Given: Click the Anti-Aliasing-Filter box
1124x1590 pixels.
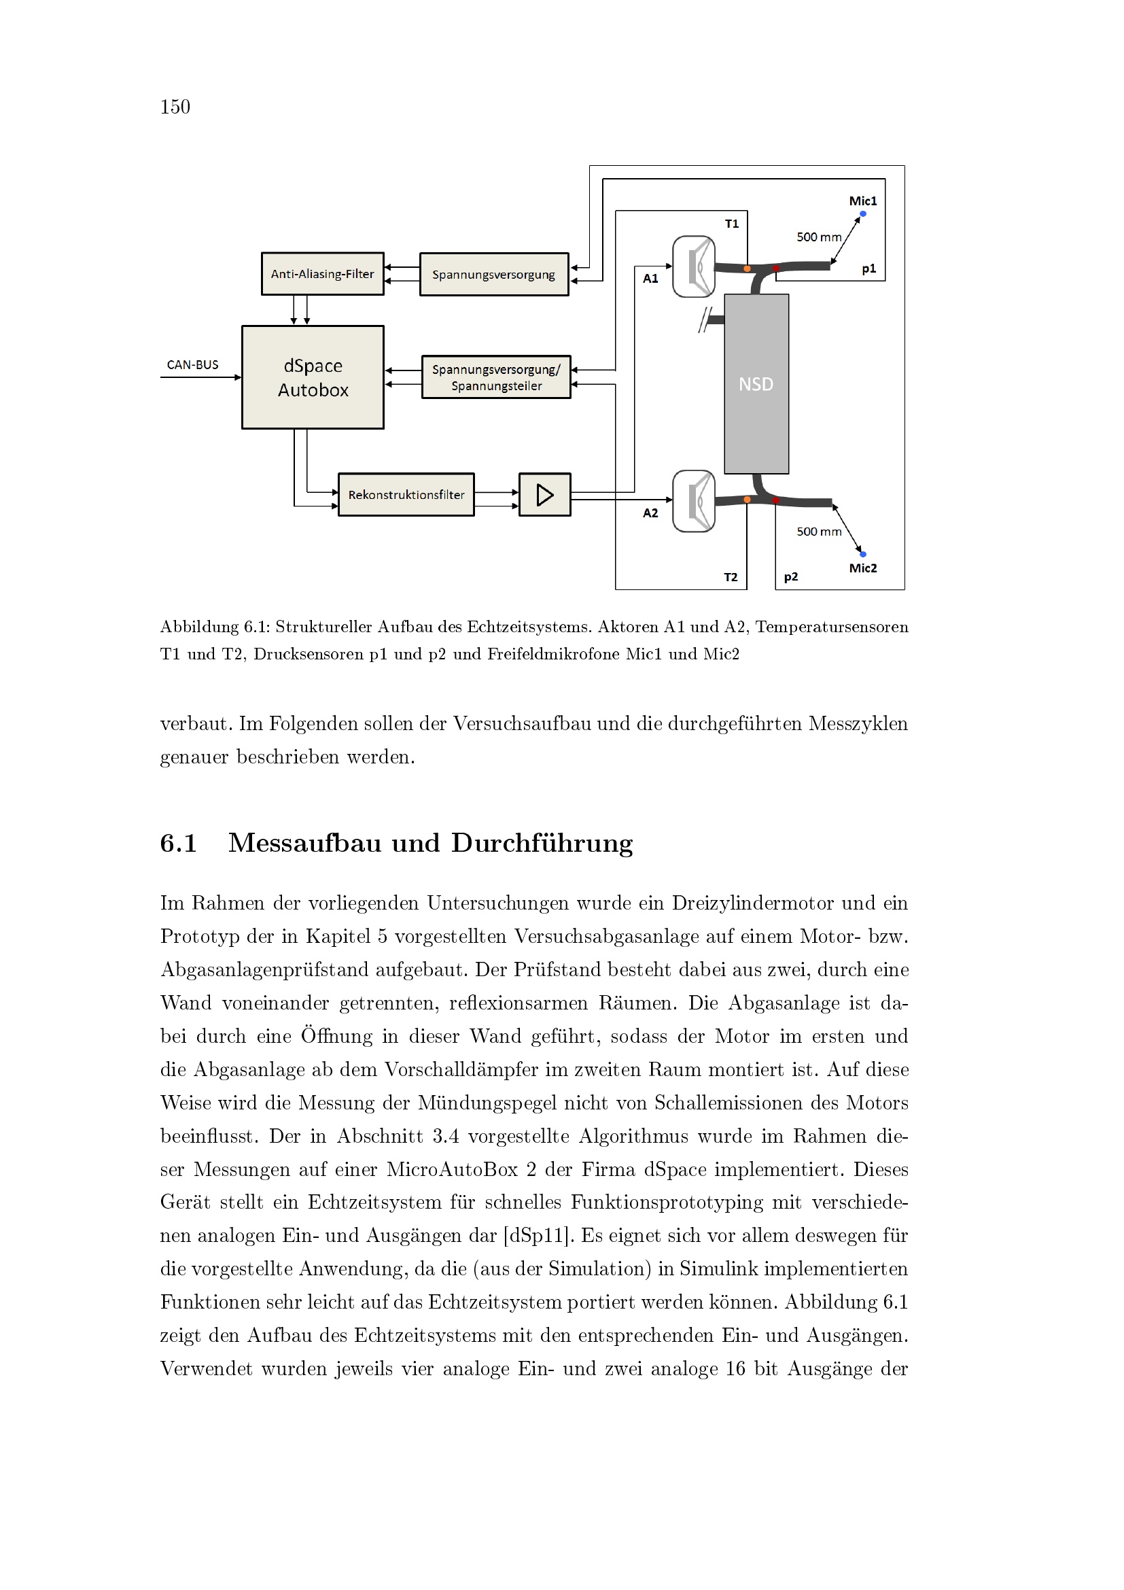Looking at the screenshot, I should click(322, 274).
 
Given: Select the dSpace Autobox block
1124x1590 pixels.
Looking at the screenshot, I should click(313, 377).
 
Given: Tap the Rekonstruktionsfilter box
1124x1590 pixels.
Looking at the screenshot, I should click(406, 494).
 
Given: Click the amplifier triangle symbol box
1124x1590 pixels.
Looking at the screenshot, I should click(545, 494).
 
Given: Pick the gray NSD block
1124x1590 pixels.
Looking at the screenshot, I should click(756, 384).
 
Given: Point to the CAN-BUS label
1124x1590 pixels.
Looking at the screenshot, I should click(192, 365).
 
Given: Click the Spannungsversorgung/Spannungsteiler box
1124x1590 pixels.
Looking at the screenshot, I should click(496, 377).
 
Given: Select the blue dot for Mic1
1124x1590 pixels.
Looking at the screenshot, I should click(863, 213).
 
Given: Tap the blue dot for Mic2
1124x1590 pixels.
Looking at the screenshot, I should click(863, 554).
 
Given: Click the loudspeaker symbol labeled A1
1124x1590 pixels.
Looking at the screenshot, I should click(695, 266).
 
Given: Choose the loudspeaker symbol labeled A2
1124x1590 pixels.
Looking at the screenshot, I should click(695, 502).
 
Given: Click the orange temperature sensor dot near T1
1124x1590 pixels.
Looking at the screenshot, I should click(747, 269).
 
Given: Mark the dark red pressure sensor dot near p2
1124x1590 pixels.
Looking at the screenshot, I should click(776, 500).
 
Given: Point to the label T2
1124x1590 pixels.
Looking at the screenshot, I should click(731, 577).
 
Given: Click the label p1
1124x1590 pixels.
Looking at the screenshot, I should click(869, 269).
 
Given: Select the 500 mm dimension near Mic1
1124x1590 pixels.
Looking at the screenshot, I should click(819, 237).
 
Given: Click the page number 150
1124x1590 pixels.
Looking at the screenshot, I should click(175, 107).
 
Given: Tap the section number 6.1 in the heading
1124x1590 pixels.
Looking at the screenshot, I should click(179, 844).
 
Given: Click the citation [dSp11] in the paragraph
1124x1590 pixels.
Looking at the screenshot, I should click(538, 1235).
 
